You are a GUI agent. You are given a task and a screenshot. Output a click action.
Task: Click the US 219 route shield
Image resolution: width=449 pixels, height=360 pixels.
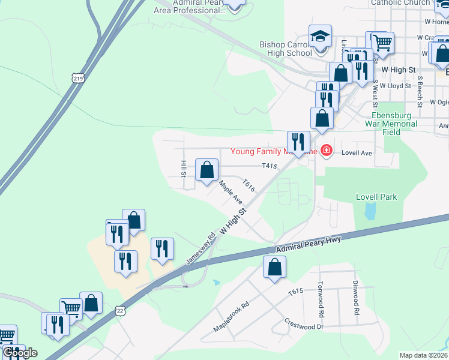(77, 77)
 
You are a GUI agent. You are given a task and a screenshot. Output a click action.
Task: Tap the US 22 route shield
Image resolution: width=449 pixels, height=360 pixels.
(121, 309)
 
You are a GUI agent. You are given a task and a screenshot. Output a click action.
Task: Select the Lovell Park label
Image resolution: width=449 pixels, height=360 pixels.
(376, 197)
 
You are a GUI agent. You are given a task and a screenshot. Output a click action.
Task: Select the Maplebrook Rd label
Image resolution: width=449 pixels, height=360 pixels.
(231, 318)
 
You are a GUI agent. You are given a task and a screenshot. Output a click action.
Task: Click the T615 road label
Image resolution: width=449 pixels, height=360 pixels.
(295, 292)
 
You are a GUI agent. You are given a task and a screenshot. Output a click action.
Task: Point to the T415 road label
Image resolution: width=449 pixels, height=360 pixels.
(269, 166)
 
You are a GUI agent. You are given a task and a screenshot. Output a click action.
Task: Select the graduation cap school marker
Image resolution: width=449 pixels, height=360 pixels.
(320, 37)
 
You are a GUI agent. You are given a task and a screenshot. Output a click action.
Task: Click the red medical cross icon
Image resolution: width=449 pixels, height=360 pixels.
(327, 150)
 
